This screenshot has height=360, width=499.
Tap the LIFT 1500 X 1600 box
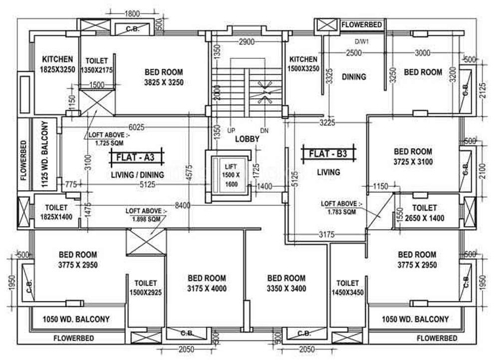231,175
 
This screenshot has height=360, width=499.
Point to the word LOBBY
247,139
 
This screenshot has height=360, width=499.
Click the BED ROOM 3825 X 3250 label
164,77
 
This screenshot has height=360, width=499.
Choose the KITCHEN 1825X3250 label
57,64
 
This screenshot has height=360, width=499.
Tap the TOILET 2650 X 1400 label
425,213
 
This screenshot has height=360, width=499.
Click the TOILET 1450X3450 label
347,288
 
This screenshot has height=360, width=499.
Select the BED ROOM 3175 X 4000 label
207,283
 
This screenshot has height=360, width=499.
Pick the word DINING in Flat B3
354,77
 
